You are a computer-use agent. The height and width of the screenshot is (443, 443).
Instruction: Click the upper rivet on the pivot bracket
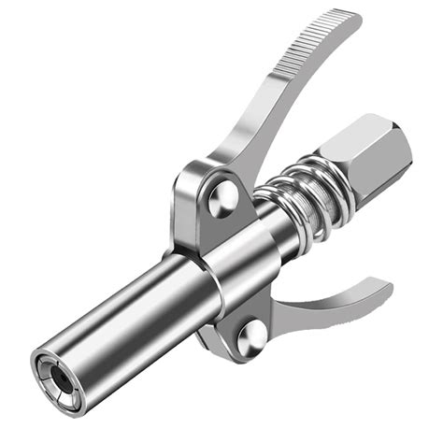pos(222,196)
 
